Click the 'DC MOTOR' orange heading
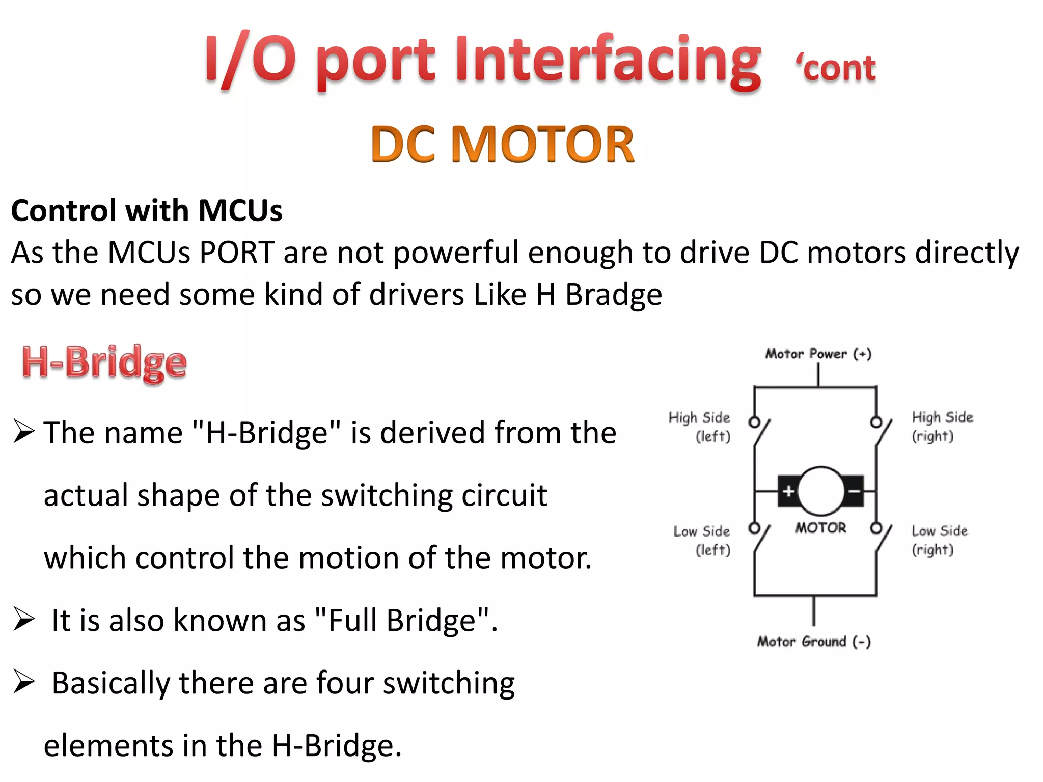click(x=503, y=145)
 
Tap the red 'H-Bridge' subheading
click(x=104, y=362)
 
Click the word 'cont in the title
click(x=836, y=69)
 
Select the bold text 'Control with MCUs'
click(x=147, y=211)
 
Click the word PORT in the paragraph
click(x=237, y=253)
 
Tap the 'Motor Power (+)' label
click(x=818, y=354)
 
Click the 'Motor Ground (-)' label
click(x=814, y=641)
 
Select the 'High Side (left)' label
click(x=700, y=427)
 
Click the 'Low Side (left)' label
click(x=702, y=540)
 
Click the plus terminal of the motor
click(x=788, y=491)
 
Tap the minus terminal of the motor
click(x=854, y=491)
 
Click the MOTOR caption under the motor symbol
click(x=820, y=528)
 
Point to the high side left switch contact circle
click(x=754, y=422)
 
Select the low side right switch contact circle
click(x=876, y=528)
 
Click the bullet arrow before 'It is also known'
click(x=24, y=619)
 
